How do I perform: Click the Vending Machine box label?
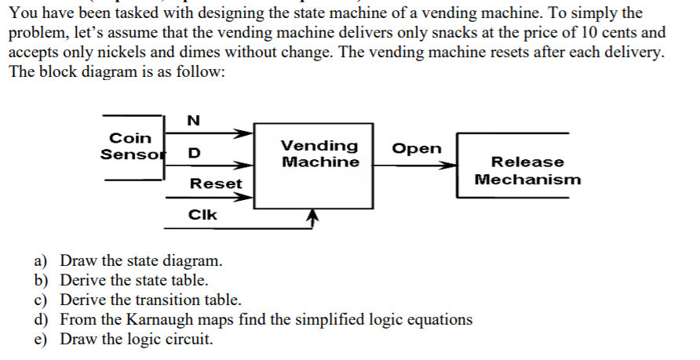319,154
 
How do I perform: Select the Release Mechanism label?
527,170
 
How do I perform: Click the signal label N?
193,120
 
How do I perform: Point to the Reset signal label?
216,184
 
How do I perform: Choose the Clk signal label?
202,213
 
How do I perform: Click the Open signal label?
416,149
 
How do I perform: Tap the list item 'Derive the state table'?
134,280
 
